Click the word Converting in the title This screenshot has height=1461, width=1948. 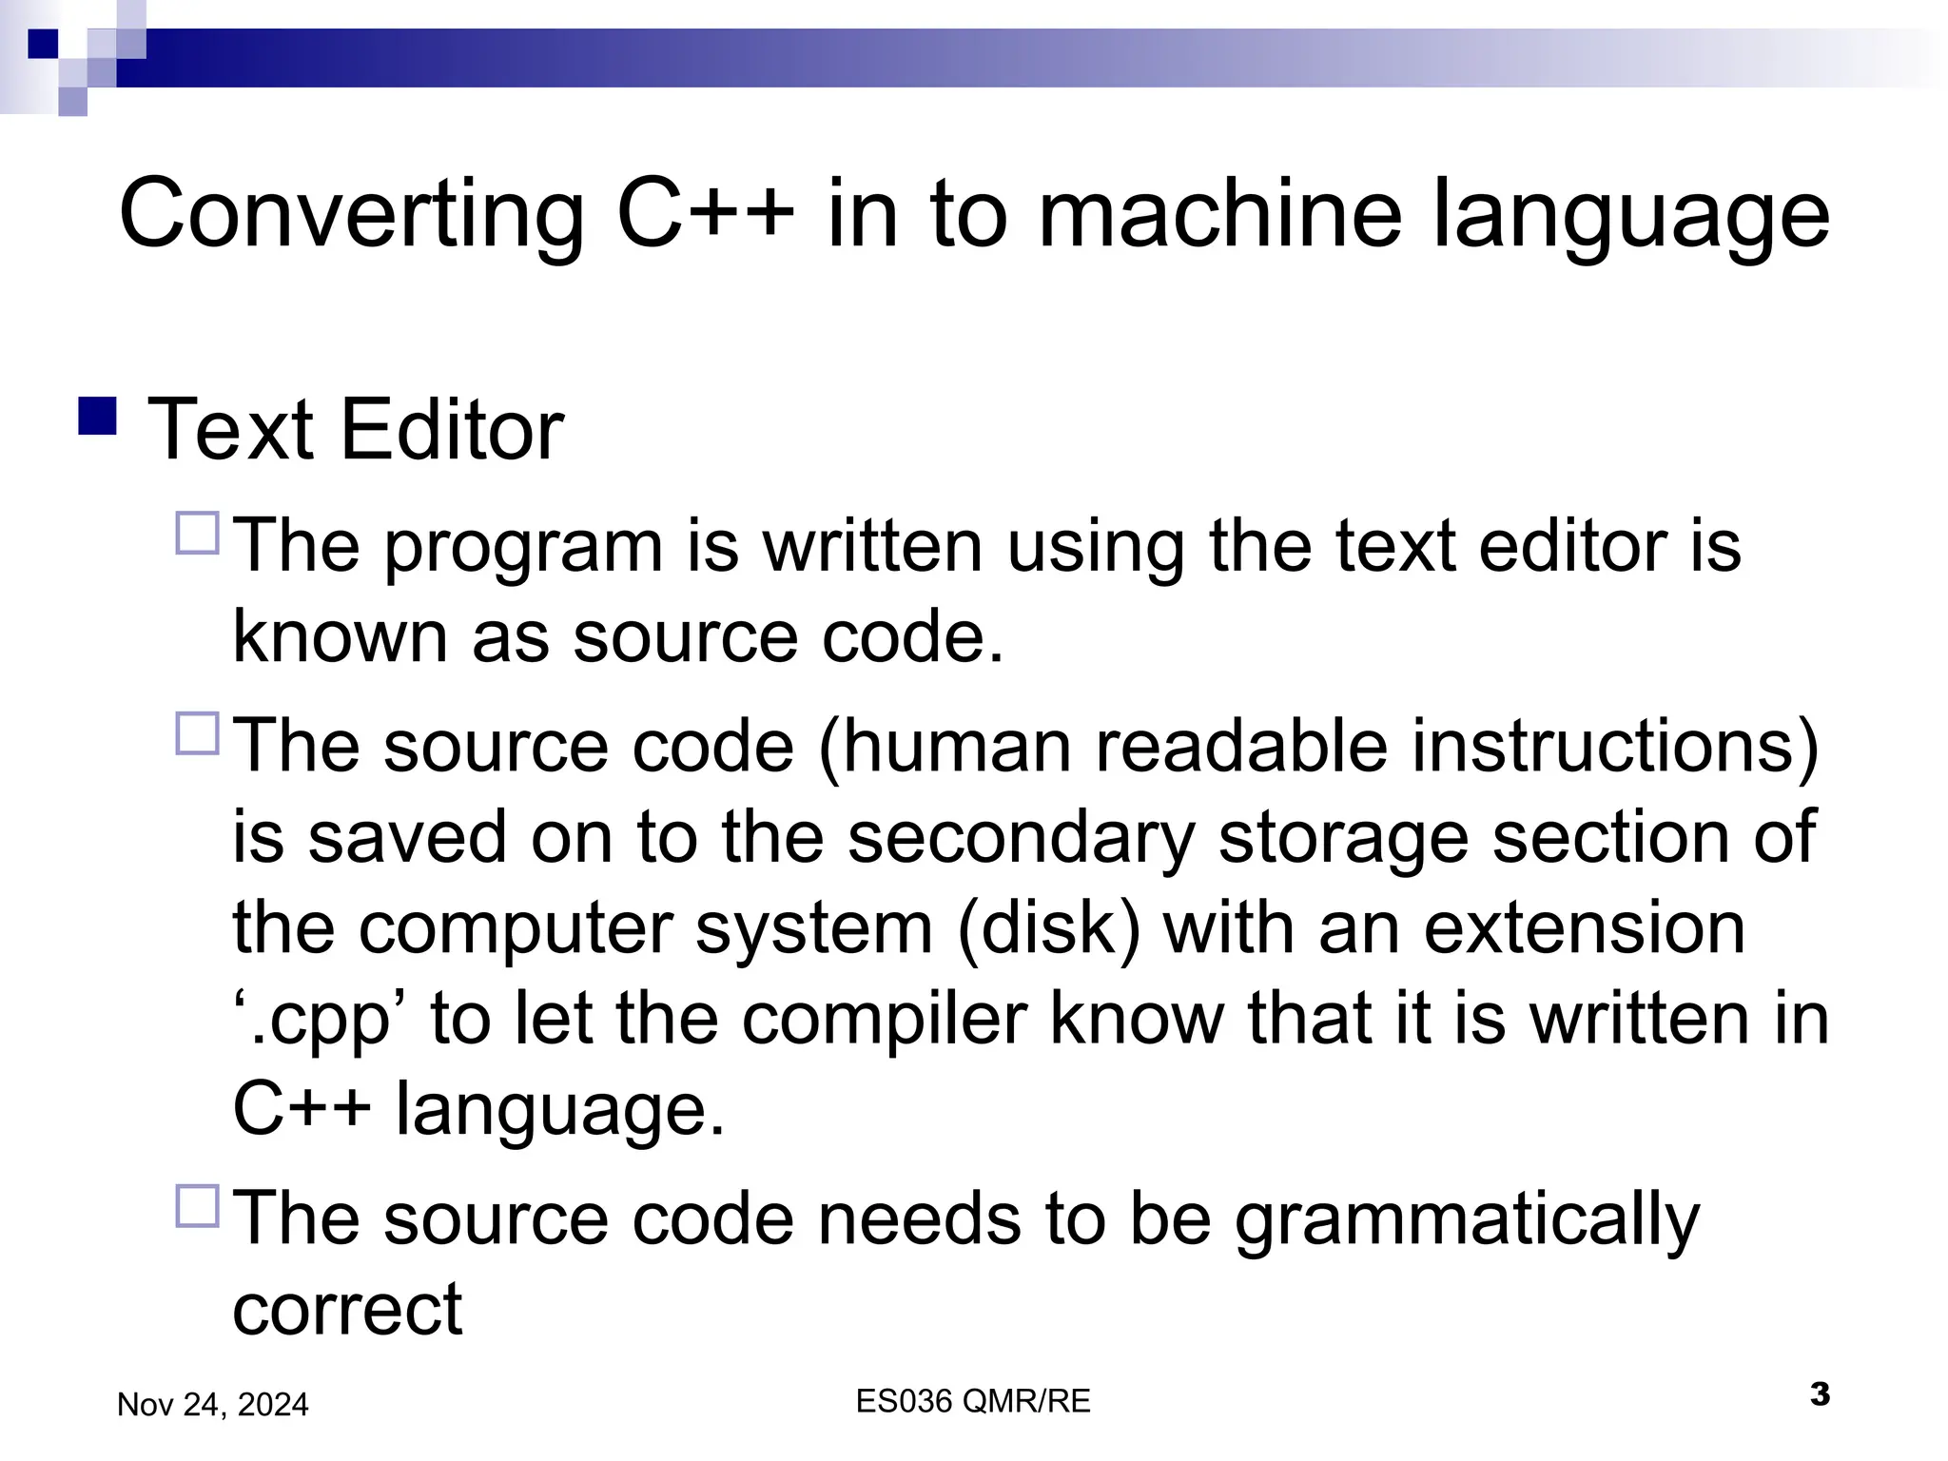pyautogui.click(x=351, y=215)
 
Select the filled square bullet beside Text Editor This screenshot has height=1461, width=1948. pyautogui.click(x=97, y=416)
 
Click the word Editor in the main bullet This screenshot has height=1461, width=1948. pyautogui.click(x=452, y=430)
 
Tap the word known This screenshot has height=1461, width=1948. pyautogui.click(x=340, y=636)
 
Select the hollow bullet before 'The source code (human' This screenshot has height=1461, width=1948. pyautogui.click(x=198, y=733)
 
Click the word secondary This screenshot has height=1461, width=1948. pyautogui.click(x=1020, y=837)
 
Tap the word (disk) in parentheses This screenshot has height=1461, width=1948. pyautogui.click(x=1048, y=927)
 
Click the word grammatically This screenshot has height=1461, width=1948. pyautogui.click(x=1466, y=1219)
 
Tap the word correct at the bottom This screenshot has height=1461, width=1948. pyautogui.click(x=347, y=1310)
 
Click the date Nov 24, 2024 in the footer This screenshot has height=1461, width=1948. pyautogui.click(x=212, y=1404)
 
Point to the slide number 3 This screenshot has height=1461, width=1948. pyautogui.click(x=1820, y=1394)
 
